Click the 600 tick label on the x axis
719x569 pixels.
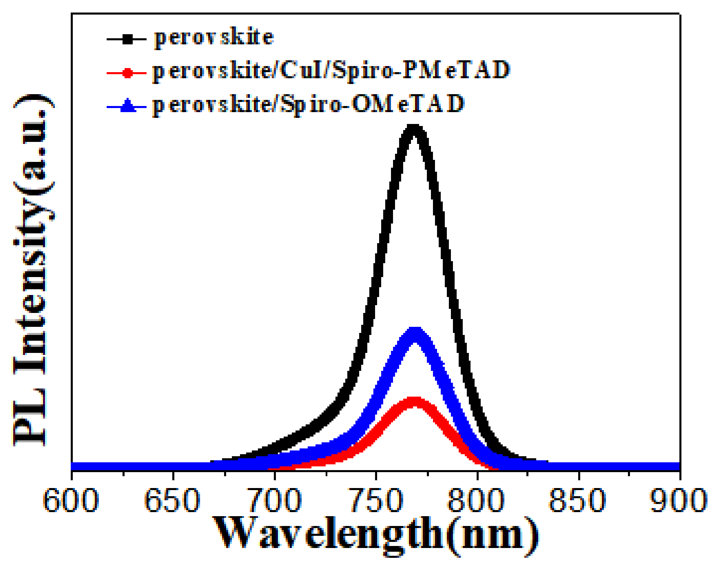click(x=71, y=501)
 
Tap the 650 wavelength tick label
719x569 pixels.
click(x=172, y=501)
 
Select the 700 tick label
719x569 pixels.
click(x=274, y=501)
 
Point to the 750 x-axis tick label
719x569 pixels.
click(x=376, y=501)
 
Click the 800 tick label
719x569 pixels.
click(x=477, y=501)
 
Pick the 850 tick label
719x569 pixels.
click(x=578, y=501)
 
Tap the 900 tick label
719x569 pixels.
click(x=678, y=501)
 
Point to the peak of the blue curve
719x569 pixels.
click(x=415, y=334)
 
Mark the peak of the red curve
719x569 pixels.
click(x=414, y=402)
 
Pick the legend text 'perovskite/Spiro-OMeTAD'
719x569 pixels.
click(x=308, y=104)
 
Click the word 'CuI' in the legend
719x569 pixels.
click(x=301, y=70)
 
